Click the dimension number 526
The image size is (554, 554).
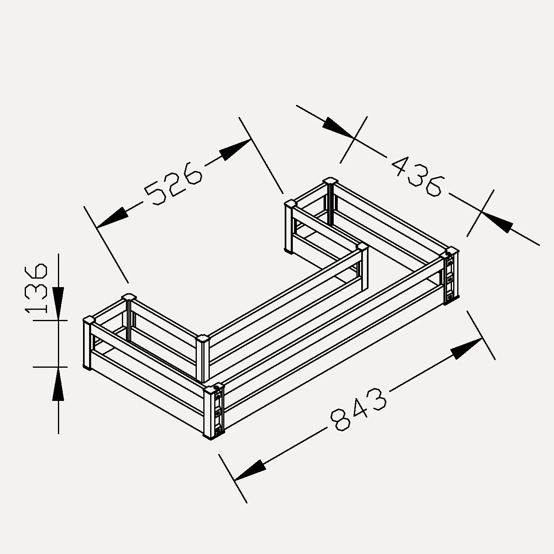(x=173, y=183)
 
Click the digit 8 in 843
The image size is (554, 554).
(x=341, y=420)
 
